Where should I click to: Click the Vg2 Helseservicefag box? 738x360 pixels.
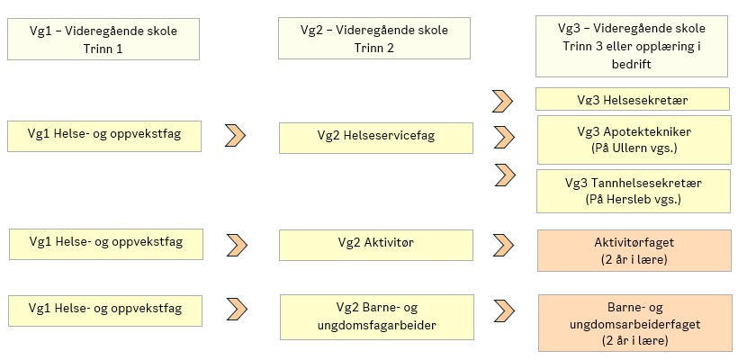pyautogui.click(x=375, y=137)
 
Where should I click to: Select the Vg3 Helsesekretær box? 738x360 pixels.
pyautogui.click(x=633, y=99)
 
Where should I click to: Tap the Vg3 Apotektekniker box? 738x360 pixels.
pyautogui.click(x=633, y=139)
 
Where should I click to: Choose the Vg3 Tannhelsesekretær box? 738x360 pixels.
pyautogui.click(x=633, y=190)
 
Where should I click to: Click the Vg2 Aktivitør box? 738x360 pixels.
pyautogui.click(x=375, y=242)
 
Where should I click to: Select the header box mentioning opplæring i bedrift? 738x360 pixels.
pyautogui.click(x=633, y=46)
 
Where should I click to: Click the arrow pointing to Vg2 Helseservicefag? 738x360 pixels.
pyautogui.click(x=235, y=136)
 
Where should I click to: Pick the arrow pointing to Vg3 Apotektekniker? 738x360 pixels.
pyautogui.click(x=502, y=137)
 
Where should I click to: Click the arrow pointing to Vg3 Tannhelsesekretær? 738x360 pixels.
pyautogui.click(x=502, y=175)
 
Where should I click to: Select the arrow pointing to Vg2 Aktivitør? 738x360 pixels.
pyautogui.click(x=236, y=243)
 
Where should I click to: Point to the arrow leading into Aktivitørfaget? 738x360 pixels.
pyautogui.click(x=502, y=243)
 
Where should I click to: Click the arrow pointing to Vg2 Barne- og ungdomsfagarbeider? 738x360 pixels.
pyautogui.click(x=236, y=309)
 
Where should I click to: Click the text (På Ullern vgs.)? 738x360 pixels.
pyautogui.click(x=633, y=147)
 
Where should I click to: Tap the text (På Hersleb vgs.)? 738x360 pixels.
pyautogui.click(x=633, y=198)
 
